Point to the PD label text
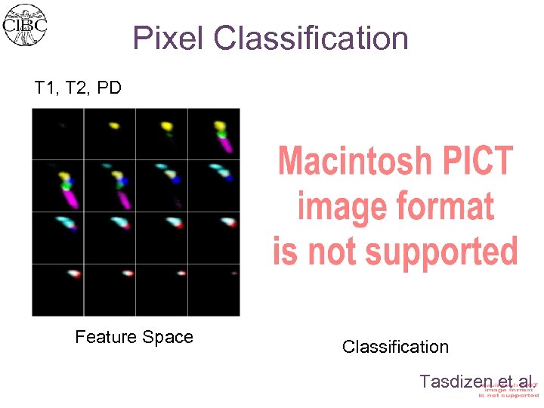109,88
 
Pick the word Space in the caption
171,337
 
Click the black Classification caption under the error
395,347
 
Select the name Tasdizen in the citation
450,381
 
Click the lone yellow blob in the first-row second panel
114,125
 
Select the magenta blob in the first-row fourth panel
225,144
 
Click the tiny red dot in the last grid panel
234,273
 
